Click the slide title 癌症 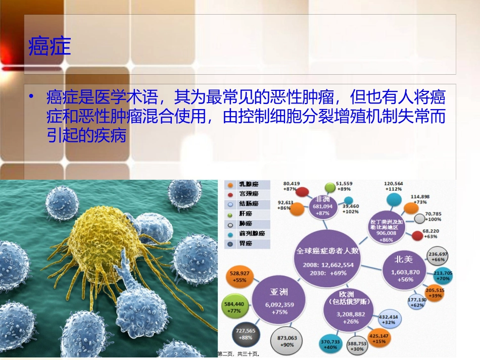pyautogui.click(x=50, y=46)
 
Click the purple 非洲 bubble pyautogui.click(x=323, y=207)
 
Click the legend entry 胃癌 pyautogui.click(x=246, y=244)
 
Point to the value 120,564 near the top pyautogui.click(x=393, y=184)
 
